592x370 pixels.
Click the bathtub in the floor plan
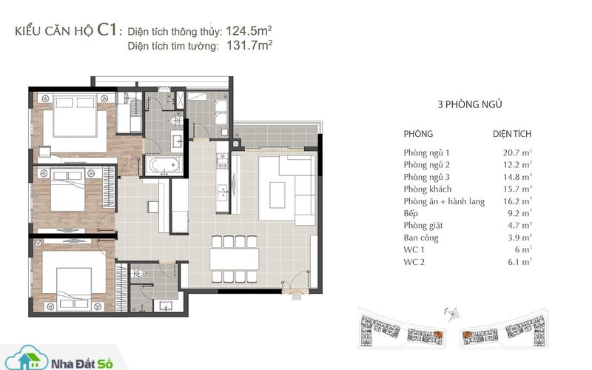pyautogui.click(x=164, y=165)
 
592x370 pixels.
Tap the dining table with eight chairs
pyautogui.click(x=234, y=259)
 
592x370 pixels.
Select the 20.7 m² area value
pyautogui.click(x=517, y=153)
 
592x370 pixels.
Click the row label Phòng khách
pyautogui.click(x=428, y=189)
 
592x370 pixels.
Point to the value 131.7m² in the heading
pyautogui.click(x=249, y=45)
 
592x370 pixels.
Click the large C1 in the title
pyautogui.click(x=107, y=30)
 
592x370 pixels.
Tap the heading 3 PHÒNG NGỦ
pyautogui.click(x=470, y=104)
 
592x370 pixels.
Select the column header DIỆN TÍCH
pyautogui.click(x=512, y=134)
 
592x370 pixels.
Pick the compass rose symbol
pyautogui.click(x=452, y=313)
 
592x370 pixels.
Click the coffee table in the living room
pyautogui.click(x=277, y=195)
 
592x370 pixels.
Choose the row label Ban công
pyautogui.click(x=421, y=238)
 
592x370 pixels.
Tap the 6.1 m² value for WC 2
pyautogui.click(x=519, y=262)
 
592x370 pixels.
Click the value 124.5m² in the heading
pyautogui.click(x=249, y=30)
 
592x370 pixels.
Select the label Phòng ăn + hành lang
pyautogui.click(x=444, y=201)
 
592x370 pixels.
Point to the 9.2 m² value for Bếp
pyautogui.click(x=519, y=213)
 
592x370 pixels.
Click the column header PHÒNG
pyautogui.click(x=418, y=134)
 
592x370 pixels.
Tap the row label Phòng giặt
pyautogui.click(x=423, y=226)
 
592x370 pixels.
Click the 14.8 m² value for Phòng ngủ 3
pyautogui.click(x=517, y=177)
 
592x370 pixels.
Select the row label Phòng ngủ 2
pyautogui.click(x=427, y=165)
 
